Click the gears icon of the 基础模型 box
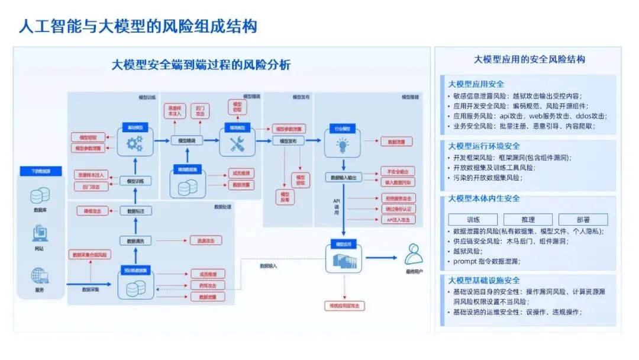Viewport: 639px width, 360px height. pyautogui.click(x=135, y=143)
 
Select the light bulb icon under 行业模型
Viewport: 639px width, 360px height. pyautogui.click(x=342, y=144)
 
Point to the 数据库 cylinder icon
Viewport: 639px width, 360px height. pyautogui.click(x=40, y=195)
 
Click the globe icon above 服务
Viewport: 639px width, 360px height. pyautogui.click(x=40, y=275)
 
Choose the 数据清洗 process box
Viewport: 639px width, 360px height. pyautogui.click(x=135, y=241)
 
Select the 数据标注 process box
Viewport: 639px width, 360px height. pyautogui.click(x=135, y=211)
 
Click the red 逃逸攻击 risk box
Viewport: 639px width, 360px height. pyautogui.click(x=205, y=240)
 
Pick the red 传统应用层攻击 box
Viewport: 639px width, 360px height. pyautogui.click(x=344, y=306)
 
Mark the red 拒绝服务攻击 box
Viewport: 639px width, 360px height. pyautogui.click(x=398, y=198)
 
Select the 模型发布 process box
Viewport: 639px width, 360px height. pyautogui.click(x=288, y=141)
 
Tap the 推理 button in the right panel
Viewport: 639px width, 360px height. pyautogui.click(x=527, y=220)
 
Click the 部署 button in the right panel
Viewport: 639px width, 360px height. pyautogui.click(x=583, y=220)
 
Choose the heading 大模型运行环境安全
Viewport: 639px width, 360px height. pyautogui.click(x=485, y=146)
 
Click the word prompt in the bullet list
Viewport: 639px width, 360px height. pyautogui.click(x=464, y=261)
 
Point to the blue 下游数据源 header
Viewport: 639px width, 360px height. pyautogui.click(x=40, y=171)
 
